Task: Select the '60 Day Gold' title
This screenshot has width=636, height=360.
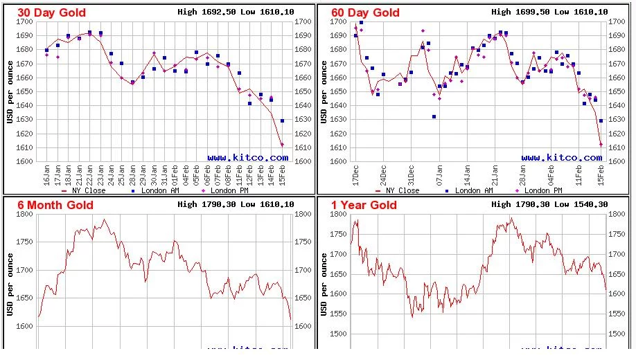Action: tap(366, 12)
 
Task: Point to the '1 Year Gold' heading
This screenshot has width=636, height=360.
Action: tap(364, 205)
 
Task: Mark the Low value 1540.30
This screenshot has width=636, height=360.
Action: tap(591, 204)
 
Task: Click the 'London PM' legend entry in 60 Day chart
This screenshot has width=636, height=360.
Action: tap(540, 190)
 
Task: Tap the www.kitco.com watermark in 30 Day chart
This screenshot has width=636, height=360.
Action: tap(247, 157)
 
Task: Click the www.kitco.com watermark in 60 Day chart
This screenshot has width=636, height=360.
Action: tap(561, 157)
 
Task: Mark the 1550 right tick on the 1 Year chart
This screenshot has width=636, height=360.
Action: tap(617, 314)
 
